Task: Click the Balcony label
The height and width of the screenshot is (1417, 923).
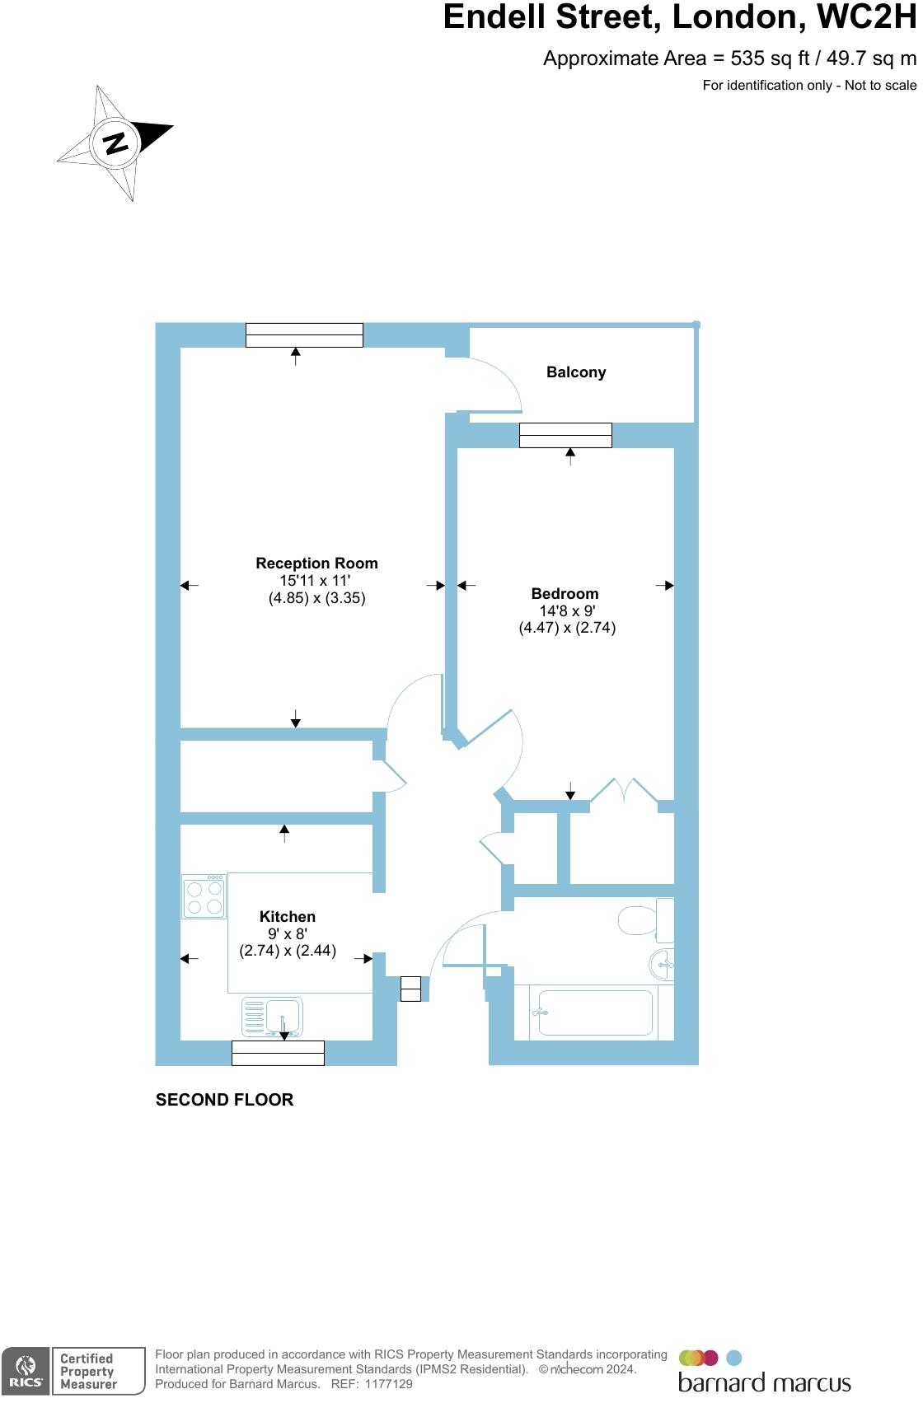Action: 575,372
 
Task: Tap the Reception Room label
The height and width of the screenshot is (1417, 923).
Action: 316,564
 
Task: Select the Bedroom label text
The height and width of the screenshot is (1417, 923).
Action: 565,594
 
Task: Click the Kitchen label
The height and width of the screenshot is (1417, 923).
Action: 287,917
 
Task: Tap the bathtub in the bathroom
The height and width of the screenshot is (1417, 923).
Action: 594,1012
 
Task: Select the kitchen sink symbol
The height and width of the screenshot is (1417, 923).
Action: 273,1017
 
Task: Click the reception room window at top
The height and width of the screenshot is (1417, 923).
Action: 304,335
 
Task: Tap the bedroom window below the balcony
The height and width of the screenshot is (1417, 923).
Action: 565,435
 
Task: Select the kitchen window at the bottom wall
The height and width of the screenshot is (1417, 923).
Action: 278,1053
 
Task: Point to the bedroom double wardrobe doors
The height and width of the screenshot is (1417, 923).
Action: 625,791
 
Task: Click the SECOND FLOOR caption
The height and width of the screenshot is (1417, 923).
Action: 224,1100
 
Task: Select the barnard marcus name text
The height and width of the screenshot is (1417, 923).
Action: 764,1382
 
